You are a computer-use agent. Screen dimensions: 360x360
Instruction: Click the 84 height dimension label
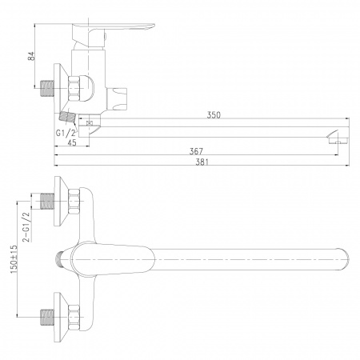pyautogui.click(x=31, y=56)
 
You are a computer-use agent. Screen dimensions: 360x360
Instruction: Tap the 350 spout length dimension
pyautogui.click(x=214, y=115)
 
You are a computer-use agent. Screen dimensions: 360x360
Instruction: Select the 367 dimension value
pyautogui.click(x=196, y=151)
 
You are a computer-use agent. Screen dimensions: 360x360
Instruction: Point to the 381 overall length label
pyautogui.click(x=202, y=162)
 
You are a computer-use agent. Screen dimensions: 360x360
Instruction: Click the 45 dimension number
pyautogui.click(x=72, y=142)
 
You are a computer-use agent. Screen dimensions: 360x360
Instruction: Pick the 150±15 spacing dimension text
pyautogui.click(x=14, y=259)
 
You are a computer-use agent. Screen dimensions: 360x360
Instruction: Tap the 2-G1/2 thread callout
pyautogui.click(x=26, y=227)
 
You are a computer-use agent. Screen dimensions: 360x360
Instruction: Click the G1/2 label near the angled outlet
pyautogui.click(x=66, y=133)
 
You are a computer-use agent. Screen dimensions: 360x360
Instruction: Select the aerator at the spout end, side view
pyautogui.click(x=338, y=138)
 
